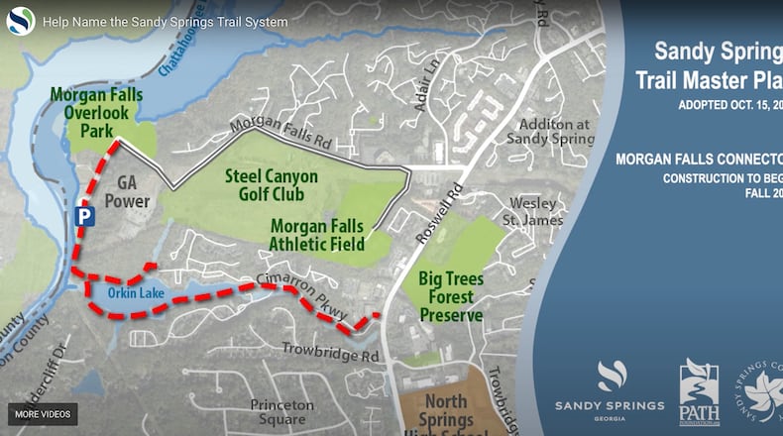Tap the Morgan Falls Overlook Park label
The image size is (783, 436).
(x=97, y=113)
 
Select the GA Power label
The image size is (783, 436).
(x=133, y=192)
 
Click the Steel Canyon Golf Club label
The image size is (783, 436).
(x=271, y=184)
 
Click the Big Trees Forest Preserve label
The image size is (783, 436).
(x=450, y=296)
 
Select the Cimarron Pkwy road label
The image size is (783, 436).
(x=303, y=296)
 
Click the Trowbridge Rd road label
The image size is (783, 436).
(x=331, y=351)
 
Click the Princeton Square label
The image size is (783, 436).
(x=281, y=412)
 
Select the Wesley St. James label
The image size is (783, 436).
(x=533, y=211)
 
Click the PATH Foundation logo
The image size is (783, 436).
(x=699, y=392)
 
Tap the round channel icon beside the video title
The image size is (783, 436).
(x=21, y=21)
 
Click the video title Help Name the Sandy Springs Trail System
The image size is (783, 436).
(x=166, y=22)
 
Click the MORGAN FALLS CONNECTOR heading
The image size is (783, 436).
(x=699, y=159)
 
